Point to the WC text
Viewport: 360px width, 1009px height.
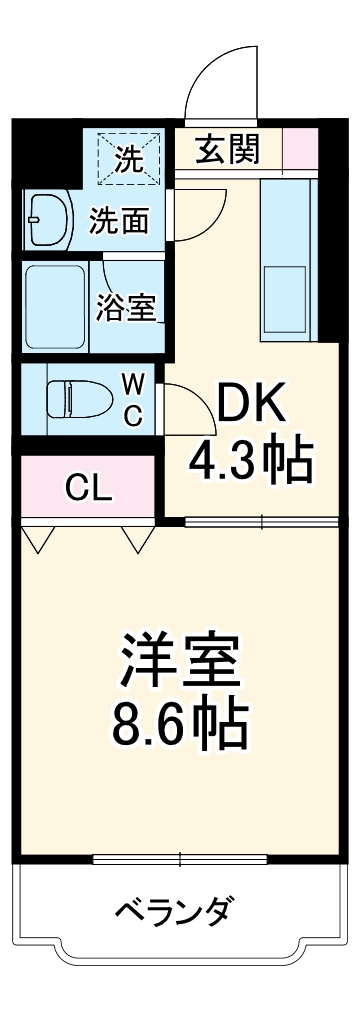(133, 398)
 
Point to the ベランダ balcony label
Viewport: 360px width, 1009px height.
(176, 911)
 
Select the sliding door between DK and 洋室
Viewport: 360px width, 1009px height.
(262, 521)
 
